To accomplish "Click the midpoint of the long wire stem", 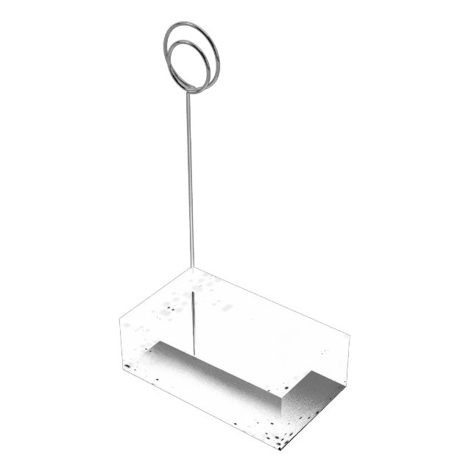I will (x=189, y=177).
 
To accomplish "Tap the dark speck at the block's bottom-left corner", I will (x=127, y=364).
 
